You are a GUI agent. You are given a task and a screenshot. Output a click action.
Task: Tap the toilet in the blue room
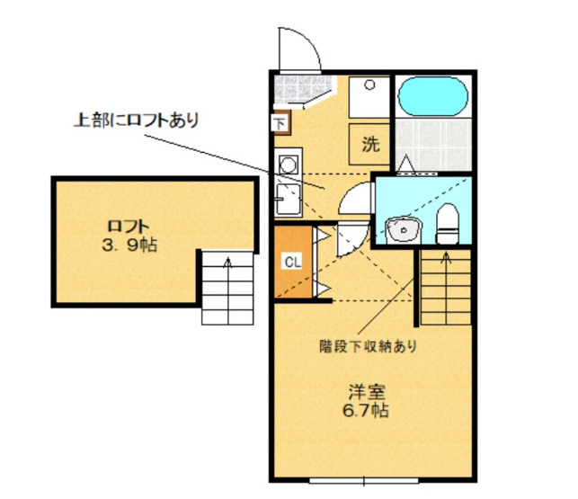[x=447, y=224]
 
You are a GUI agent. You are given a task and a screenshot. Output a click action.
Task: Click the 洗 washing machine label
[x=369, y=143]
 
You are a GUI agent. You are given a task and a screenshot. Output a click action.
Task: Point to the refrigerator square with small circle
[x=369, y=93]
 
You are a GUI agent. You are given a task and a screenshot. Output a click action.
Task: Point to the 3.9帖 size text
[x=129, y=245]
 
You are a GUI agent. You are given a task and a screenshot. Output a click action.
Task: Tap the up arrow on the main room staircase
[x=444, y=262]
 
